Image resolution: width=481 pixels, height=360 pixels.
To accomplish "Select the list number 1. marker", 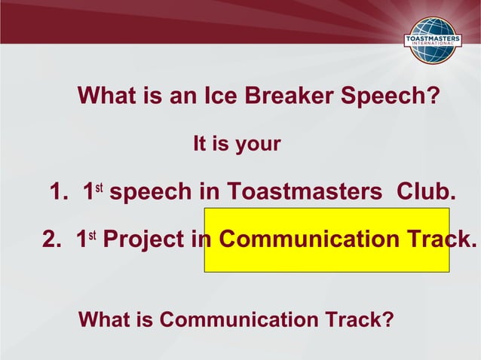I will tap(60, 193).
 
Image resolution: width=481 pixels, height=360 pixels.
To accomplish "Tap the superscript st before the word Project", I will tap(91, 233).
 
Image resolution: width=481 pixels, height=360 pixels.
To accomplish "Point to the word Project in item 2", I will tap(143, 239).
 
